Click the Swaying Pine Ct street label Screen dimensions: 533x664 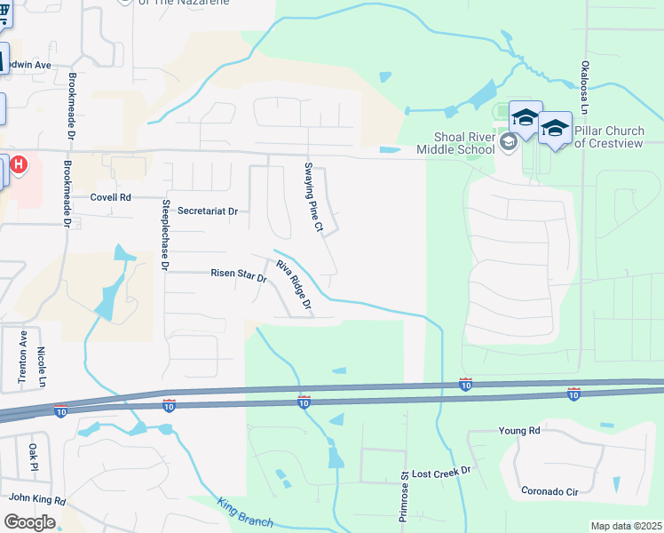(x=313, y=196)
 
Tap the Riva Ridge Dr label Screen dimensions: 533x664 (x=294, y=287)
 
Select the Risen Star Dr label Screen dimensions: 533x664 (x=238, y=275)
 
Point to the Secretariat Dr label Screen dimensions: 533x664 (x=209, y=211)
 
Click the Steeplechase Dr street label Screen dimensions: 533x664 (x=164, y=233)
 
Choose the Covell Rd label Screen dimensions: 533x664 (x=111, y=197)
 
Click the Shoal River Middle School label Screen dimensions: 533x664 (x=463, y=143)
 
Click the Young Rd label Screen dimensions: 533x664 (x=519, y=431)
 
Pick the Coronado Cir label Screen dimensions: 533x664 (x=549, y=491)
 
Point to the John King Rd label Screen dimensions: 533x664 (x=37, y=500)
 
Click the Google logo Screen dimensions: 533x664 (x=30, y=522)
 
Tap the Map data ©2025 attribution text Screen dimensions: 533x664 (x=626, y=526)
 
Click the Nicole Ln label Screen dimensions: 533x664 (x=42, y=363)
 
